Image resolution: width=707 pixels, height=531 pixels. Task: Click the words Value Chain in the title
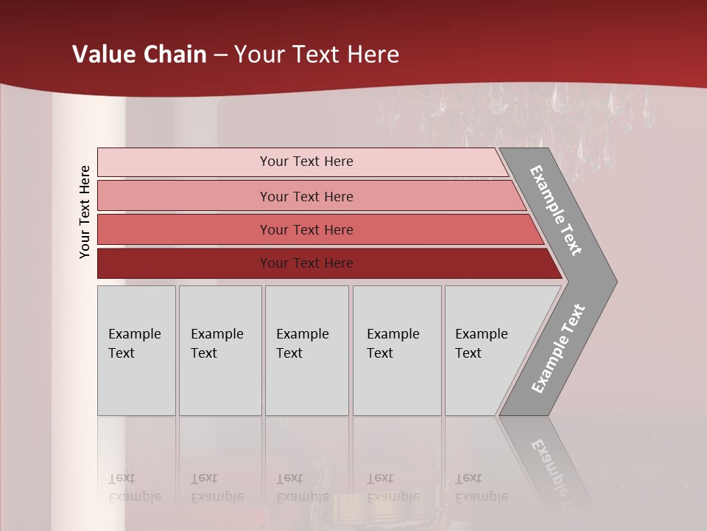click(139, 55)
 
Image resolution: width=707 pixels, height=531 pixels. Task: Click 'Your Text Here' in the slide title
click(317, 55)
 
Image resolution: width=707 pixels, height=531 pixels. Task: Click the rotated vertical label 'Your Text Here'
click(85, 212)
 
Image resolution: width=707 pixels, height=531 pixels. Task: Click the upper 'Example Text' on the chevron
click(556, 210)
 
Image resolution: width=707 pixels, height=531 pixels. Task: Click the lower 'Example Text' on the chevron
click(558, 349)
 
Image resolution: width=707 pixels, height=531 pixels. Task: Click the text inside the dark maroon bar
click(306, 263)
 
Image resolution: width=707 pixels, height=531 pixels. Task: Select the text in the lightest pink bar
click(306, 162)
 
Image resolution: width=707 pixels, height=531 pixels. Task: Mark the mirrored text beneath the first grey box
click(134, 487)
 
